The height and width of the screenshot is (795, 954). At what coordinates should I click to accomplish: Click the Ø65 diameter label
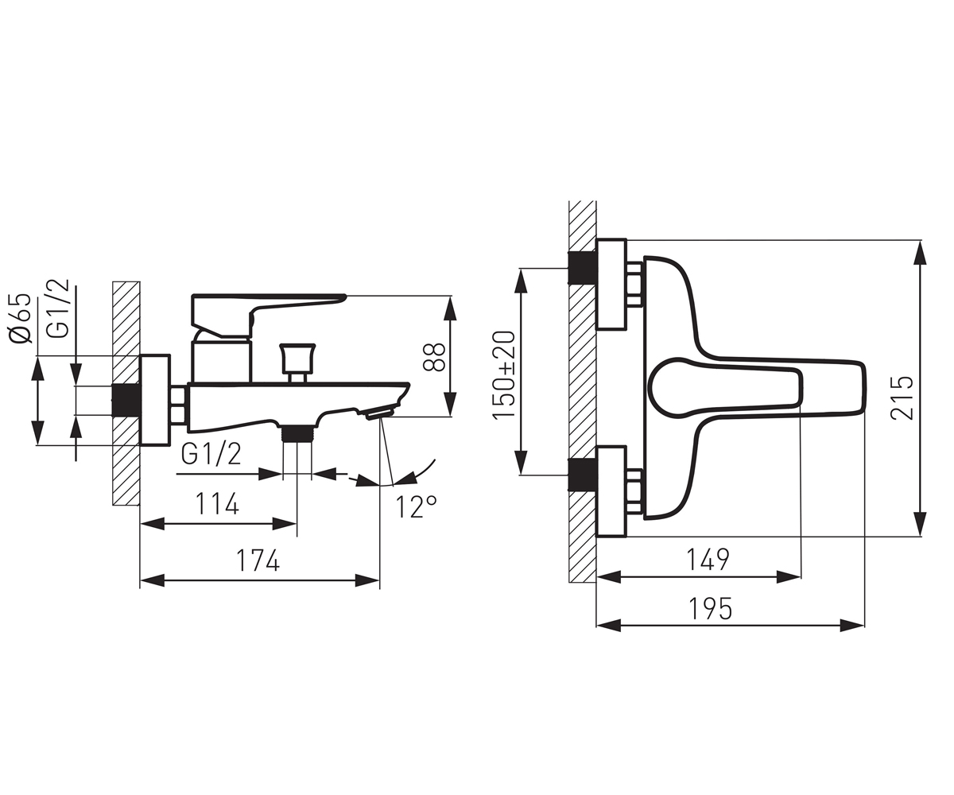[x=20, y=319]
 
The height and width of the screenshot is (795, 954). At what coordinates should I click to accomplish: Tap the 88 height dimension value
[x=434, y=357]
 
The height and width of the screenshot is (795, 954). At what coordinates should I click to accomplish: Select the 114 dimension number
[x=217, y=503]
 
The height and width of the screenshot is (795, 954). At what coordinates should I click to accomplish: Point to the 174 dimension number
[x=258, y=560]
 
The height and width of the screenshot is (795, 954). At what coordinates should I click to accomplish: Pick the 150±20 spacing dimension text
[x=504, y=374]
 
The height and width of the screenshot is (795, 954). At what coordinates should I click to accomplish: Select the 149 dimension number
[x=708, y=559]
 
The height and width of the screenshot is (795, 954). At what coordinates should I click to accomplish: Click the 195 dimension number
[x=710, y=608]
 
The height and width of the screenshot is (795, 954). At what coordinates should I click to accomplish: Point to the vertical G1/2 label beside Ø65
[x=60, y=309]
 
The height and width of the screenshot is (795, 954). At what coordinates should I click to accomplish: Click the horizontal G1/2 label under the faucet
[x=211, y=454]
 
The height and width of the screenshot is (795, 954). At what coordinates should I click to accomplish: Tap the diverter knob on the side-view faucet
[x=298, y=359]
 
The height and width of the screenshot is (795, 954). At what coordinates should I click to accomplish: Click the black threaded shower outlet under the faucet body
[x=297, y=432]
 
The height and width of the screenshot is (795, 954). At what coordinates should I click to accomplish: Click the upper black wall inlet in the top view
[x=583, y=267]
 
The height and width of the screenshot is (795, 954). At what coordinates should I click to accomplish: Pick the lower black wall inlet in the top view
[x=583, y=475]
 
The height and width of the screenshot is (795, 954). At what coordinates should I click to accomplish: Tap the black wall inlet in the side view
[x=126, y=400]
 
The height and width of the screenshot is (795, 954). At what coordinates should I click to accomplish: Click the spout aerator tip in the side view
[x=380, y=414]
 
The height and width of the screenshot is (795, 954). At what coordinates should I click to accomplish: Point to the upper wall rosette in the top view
[x=611, y=284]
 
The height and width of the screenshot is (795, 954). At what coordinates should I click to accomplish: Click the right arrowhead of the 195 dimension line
[x=852, y=626]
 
